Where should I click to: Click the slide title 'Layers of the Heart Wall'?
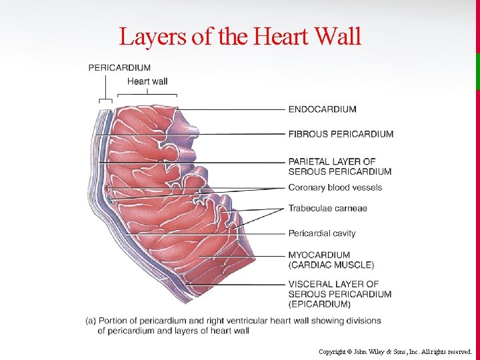pos(240,36)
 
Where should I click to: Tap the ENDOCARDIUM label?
pos(322,109)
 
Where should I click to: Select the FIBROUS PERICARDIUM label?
pos(341,134)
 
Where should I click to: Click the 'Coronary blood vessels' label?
pos(335,187)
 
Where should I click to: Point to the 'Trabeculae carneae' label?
pos(327,209)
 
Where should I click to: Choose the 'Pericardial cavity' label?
pos(322,233)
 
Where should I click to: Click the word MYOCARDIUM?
pos(319,255)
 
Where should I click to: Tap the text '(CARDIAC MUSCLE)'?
pos(331,265)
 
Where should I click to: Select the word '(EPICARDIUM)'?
pos(319,304)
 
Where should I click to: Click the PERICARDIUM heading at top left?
pos(119,67)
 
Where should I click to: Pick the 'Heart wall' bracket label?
pos(147,81)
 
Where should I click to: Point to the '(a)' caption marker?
pos(91,321)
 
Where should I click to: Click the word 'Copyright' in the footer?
pos(331,351)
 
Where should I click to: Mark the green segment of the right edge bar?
pos(477,71)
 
